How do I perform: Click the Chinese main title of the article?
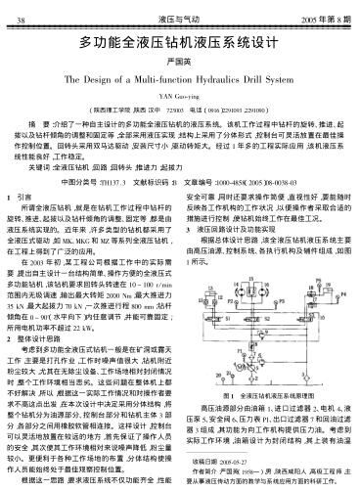pos(180,43)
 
